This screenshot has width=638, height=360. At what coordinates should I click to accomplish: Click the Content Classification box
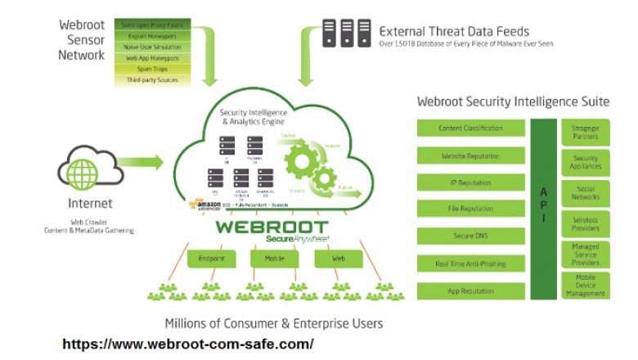pos(470,128)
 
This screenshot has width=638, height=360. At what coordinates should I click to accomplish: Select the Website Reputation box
pos(470,155)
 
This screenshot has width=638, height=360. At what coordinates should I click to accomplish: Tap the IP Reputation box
pos(470,182)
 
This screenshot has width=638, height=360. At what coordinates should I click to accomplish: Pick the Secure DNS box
pos(470,236)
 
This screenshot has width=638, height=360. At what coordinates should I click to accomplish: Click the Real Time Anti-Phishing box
pos(470,263)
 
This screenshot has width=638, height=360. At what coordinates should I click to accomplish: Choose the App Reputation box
pos(470,290)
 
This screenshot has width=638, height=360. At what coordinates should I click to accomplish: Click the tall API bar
pos(542,209)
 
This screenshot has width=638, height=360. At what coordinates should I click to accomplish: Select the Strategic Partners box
pos(586,132)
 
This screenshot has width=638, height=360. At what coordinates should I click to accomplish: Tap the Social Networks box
pos(586,193)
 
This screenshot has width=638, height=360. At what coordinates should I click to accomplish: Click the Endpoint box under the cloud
pos(206,259)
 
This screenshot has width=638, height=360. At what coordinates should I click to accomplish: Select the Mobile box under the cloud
pos(274,259)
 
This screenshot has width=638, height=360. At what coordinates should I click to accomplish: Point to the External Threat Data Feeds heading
pos(454,30)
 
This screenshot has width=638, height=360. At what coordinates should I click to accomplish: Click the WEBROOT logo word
pos(272,227)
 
